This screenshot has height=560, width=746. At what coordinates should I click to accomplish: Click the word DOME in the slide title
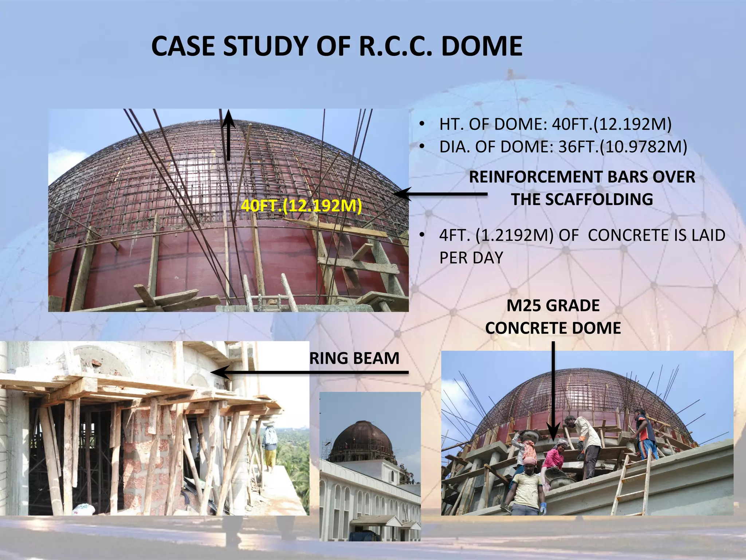click(482, 46)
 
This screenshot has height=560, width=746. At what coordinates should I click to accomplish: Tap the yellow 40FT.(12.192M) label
click(301, 206)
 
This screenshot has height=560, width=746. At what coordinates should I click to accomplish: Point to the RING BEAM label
click(354, 358)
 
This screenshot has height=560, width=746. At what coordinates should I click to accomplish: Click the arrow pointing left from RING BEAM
click(310, 373)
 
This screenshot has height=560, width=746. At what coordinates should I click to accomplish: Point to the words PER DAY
click(471, 258)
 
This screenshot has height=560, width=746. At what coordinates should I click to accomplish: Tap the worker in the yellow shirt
click(528, 487)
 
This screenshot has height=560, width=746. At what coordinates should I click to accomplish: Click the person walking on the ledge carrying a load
click(270, 448)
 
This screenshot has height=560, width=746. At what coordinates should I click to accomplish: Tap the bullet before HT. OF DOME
click(422, 125)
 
